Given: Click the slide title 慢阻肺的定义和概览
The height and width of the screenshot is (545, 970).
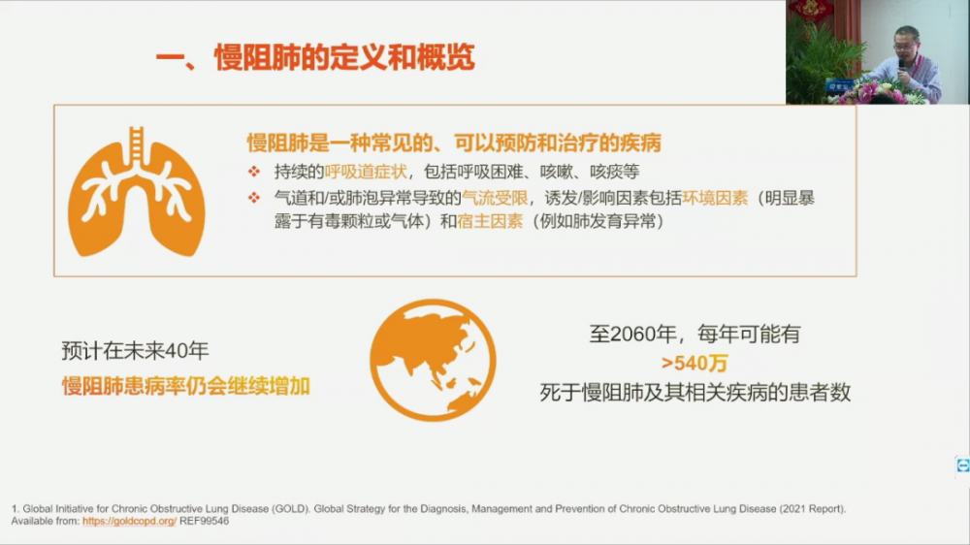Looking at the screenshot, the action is click(344, 57).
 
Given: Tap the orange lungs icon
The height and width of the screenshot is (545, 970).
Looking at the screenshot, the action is click(136, 192).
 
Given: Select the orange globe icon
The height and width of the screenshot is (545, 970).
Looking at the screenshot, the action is click(433, 360).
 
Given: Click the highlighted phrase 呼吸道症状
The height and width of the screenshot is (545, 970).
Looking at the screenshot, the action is click(366, 172).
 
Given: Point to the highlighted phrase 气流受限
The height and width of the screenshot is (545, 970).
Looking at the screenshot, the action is click(495, 198).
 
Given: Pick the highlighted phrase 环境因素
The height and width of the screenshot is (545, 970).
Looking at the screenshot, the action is click(715, 198).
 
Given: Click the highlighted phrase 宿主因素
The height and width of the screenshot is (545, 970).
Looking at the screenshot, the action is click(490, 221).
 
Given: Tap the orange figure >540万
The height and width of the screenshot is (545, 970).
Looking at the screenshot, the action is click(695, 363).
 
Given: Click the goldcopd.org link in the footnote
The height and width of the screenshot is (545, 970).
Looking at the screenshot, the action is click(129, 521).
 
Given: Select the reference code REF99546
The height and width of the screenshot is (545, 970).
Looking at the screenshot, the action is click(204, 521).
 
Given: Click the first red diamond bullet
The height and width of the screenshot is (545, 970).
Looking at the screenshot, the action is click(253, 172).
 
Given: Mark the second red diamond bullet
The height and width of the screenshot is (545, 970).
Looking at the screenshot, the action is click(253, 198).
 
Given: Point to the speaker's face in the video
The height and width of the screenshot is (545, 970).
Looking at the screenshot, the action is click(906, 44).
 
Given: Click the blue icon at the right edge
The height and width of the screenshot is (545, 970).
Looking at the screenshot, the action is click(962, 465).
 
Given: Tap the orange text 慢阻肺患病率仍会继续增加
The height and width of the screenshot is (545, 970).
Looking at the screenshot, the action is click(185, 386).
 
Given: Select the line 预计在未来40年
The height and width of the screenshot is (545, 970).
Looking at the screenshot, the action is click(135, 351).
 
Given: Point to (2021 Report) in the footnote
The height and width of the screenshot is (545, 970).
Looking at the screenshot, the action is click(812, 508).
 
